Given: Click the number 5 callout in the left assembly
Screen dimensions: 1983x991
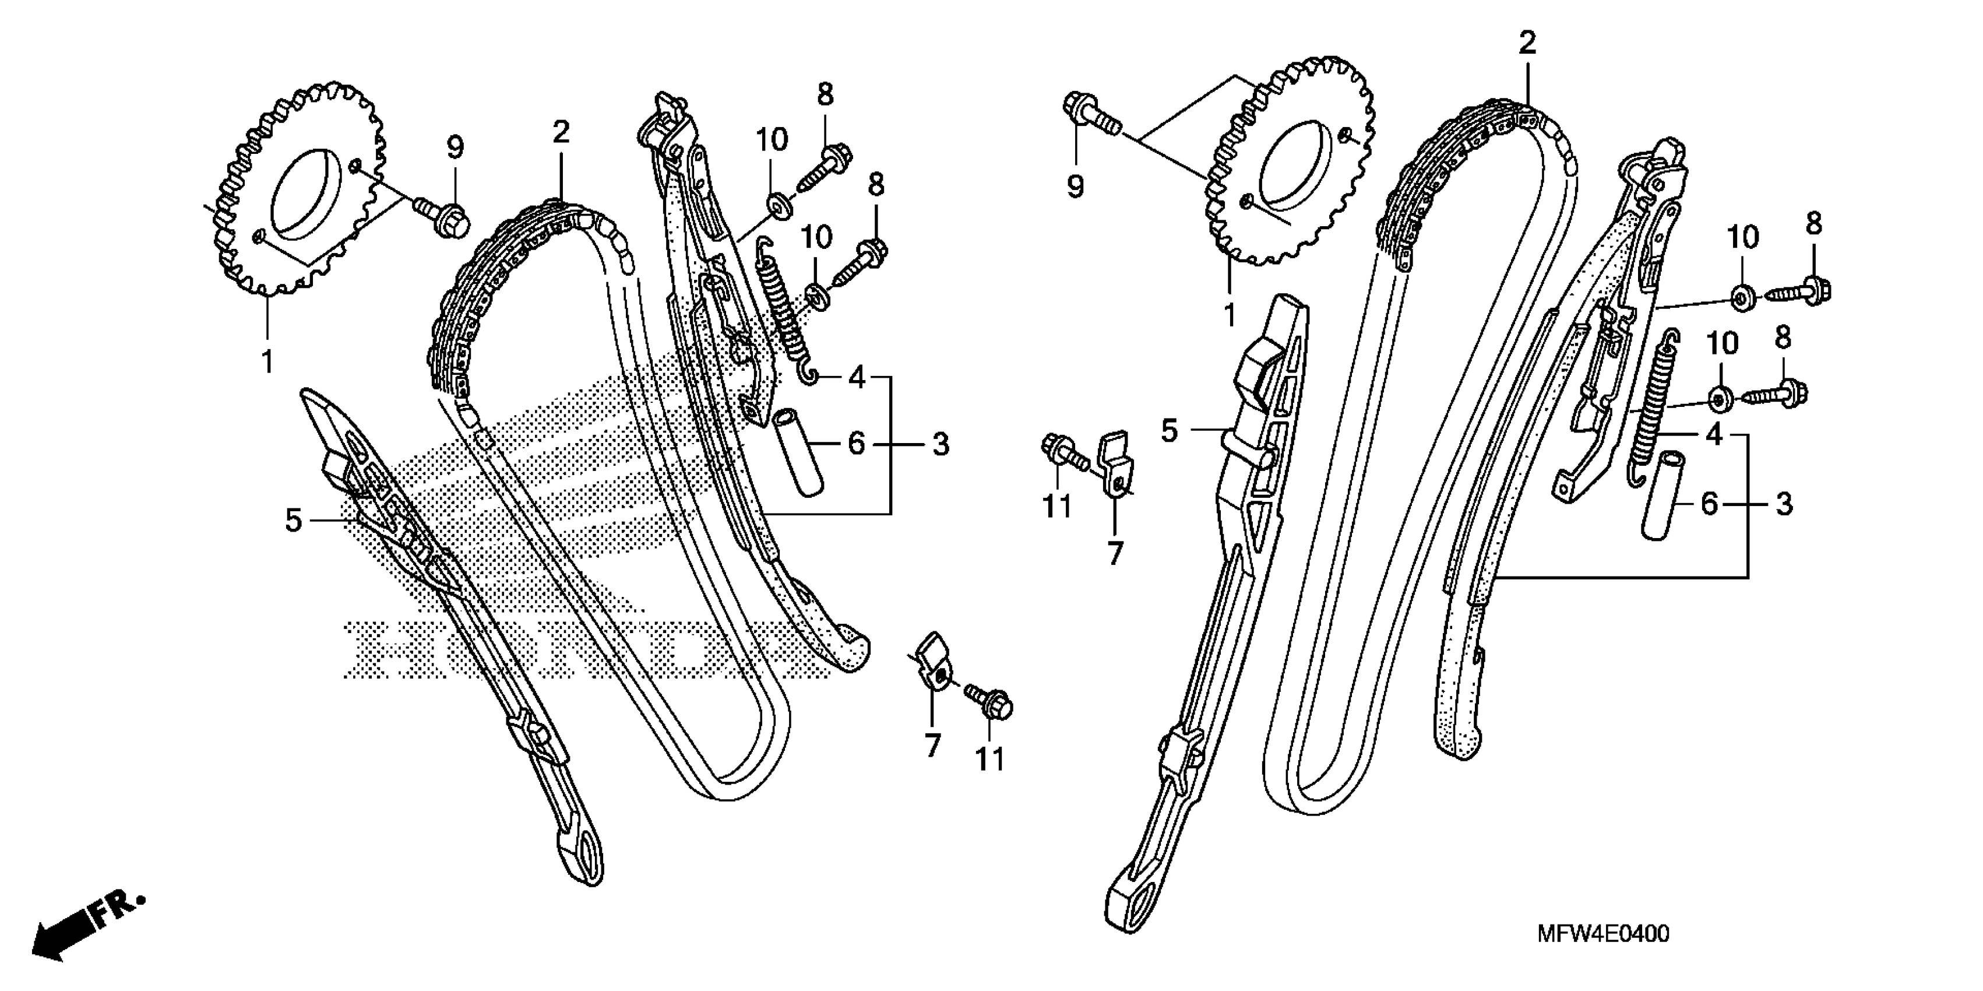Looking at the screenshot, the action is (293, 521).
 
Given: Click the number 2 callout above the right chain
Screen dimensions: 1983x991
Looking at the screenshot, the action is (1527, 43).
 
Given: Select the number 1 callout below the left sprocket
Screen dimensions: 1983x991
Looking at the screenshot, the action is (267, 362).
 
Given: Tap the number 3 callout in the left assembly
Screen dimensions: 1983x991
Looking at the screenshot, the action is (940, 444).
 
